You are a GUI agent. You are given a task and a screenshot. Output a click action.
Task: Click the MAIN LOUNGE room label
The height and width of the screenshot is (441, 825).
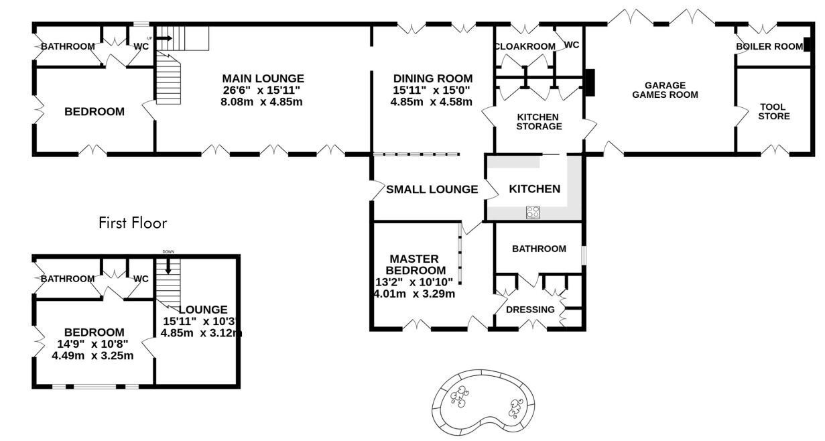[x=263, y=78]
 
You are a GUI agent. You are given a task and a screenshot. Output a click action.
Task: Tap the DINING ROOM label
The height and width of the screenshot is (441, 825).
[x=433, y=78]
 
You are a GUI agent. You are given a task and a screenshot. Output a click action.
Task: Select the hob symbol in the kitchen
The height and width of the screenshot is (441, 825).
[x=533, y=212]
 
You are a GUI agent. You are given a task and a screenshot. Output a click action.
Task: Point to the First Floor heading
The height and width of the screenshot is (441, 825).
[x=133, y=223]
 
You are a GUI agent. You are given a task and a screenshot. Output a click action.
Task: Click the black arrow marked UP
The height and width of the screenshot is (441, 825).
[x=164, y=38]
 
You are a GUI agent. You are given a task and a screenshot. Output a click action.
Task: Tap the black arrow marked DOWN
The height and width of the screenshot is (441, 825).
[x=168, y=266]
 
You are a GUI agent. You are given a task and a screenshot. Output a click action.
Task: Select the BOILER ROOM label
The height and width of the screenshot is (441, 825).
[x=769, y=47]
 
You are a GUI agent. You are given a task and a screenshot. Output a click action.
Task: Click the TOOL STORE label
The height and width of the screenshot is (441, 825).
[x=774, y=112]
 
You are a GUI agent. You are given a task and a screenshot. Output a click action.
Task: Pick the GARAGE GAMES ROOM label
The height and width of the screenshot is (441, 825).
[x=665, y=90]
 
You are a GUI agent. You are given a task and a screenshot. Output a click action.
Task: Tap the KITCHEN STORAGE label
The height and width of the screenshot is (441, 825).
[x=539, y=122]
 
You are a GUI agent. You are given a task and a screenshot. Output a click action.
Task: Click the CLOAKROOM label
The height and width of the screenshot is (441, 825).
[x=525, y=47]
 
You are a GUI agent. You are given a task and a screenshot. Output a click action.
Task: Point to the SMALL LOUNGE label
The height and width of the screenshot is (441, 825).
[x=432, y=190]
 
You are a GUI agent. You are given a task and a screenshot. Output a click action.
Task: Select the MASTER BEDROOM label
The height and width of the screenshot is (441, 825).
[x=415, y=265]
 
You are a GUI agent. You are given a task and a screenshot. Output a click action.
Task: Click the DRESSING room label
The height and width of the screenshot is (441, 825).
[x=530, y=310]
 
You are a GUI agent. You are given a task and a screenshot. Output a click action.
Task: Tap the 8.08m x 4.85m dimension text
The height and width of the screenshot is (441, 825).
[x=261, y=102]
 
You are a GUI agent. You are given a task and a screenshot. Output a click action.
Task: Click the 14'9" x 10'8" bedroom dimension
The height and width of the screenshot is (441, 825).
[x=92, y=344]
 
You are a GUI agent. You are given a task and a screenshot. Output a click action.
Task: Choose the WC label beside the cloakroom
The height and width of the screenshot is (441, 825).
[x=572, y=45]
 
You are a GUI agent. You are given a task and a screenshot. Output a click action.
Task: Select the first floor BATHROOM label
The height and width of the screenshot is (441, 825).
[x=68, y=279]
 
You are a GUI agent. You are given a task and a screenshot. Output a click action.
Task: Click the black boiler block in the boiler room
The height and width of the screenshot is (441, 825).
[x=807, y=45]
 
